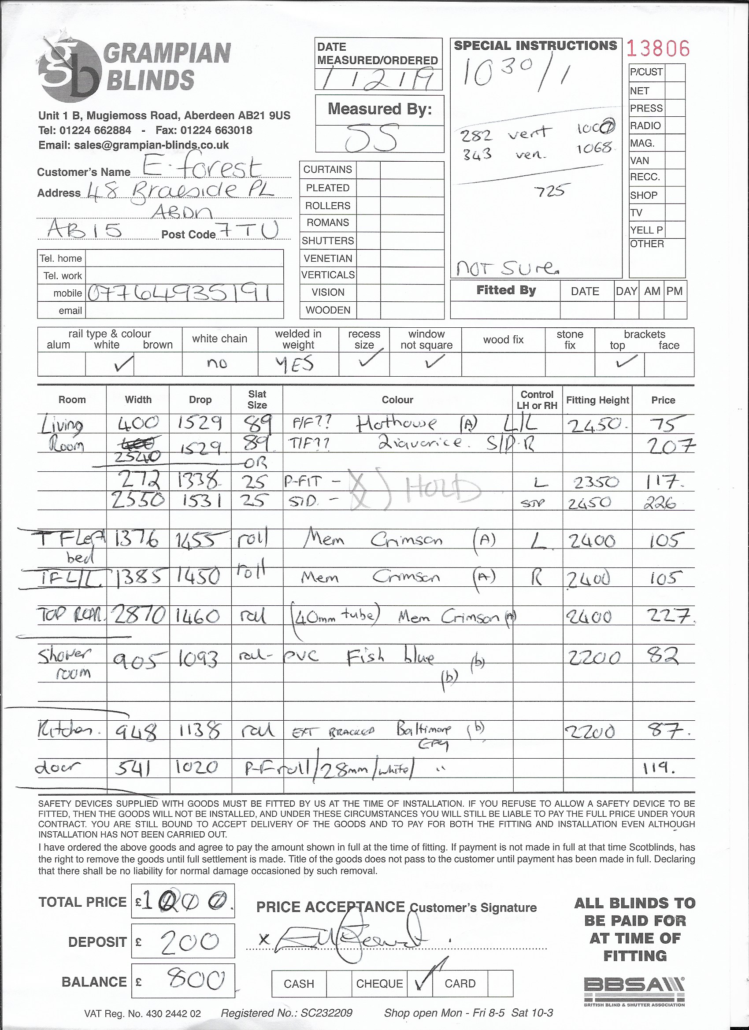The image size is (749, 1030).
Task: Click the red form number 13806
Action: point(658,48)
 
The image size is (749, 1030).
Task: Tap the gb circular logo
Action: point(69,70)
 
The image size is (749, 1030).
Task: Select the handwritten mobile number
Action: point(179,293)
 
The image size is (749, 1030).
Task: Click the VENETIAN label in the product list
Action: point(328,259)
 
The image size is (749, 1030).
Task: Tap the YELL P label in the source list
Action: point(646,230)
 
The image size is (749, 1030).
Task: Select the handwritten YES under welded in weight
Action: point(295,364)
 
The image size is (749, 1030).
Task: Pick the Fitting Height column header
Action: point(597,400)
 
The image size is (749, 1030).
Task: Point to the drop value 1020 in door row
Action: point(199,768)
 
